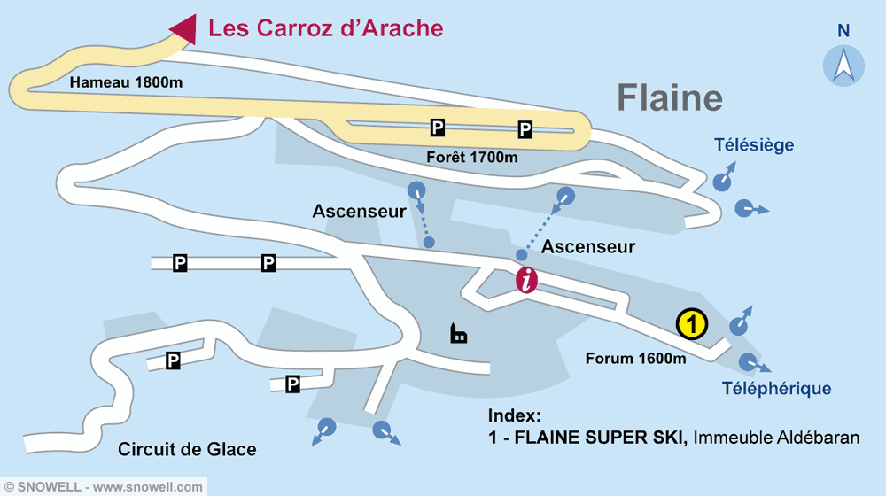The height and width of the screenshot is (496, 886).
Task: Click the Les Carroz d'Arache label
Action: pos(325,28)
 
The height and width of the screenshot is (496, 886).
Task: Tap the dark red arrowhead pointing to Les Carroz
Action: pos(183,27)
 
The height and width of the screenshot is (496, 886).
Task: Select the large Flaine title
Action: pos(669,97)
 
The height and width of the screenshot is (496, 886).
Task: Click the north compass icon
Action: pos(843,66)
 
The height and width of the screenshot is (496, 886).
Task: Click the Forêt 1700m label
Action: pos(471,158)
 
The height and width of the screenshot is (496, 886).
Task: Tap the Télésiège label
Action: pos(754,145)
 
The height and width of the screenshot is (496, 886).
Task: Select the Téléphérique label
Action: pos(776,388)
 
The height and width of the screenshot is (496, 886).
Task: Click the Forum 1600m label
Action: pos(635,359)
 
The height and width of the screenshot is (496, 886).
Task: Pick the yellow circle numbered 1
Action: pos(691,324)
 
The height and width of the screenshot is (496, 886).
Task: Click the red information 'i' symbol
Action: pos(527,281)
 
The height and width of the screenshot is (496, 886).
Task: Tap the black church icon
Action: pos(458,333)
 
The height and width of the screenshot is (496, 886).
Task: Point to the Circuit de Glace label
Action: pos(187,450)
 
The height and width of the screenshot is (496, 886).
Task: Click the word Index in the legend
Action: pos(514,416)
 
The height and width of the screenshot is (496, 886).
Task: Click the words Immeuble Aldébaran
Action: pos(776,438)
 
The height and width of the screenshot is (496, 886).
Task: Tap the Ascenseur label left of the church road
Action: pos(359,212)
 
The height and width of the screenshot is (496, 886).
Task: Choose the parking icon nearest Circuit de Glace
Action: pos(174,360)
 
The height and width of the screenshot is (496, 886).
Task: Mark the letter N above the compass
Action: pos(843,30)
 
